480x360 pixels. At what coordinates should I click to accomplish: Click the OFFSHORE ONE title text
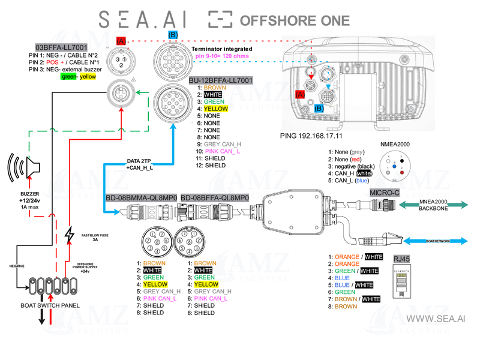click(x=294, y=20)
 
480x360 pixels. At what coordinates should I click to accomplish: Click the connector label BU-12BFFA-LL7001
click(x=220, y=80)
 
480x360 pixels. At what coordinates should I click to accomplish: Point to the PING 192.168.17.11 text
click(x=315, y=136)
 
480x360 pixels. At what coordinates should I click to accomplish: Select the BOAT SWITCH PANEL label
click(x=50, y=305)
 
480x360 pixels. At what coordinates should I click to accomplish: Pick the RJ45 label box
click(x=400, y=260)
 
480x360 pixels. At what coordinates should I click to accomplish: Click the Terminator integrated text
click(x=221, y=49)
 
